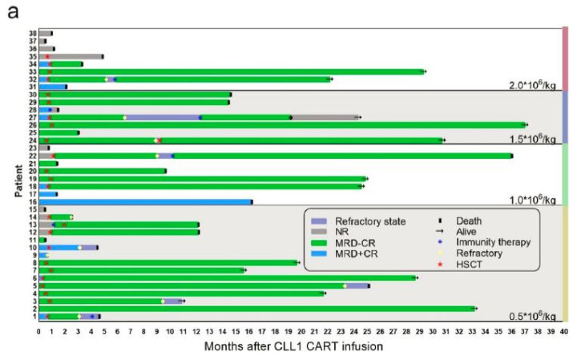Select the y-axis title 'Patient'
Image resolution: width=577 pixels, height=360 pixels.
pyautogui.click(x=18, y=178)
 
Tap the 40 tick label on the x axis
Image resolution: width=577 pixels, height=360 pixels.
pyautogui.click(x=564, y=330)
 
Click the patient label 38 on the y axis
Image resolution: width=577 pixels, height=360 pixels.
pyautogui.click(x=32, y=34)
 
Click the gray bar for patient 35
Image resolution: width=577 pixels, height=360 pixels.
pyautogui.click(x=76, y=56)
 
